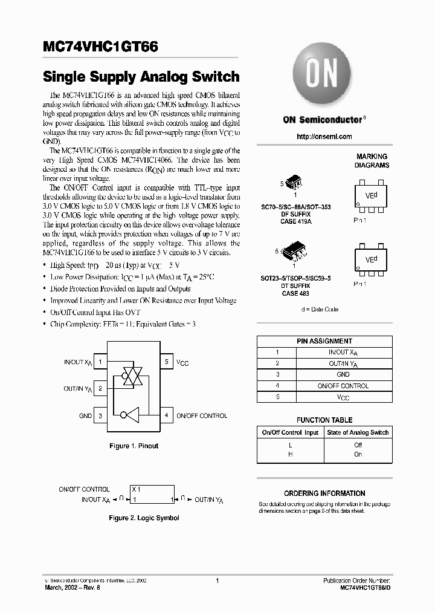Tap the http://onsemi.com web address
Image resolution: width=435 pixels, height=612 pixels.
tap(324, 137)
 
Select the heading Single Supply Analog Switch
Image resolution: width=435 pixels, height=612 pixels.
tap(141, 77)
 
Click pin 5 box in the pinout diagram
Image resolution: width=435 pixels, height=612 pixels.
tap(166, 362)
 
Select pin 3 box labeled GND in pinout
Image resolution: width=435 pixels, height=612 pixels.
tap(101, 415)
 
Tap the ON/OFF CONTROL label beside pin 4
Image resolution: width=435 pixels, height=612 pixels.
tap(202, 416)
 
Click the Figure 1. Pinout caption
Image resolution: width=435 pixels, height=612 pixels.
tap(134, 446)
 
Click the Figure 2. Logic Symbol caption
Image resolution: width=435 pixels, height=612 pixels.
tap(144, 518)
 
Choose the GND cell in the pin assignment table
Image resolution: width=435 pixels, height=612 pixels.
tap(343, 374)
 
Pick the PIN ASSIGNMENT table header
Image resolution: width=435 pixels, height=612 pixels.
tap(324, 341)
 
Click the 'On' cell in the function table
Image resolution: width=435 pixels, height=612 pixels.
tap(358, 454)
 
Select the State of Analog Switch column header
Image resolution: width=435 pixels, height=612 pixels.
tap(358, 432)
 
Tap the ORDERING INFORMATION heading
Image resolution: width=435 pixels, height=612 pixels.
tap(324, 493)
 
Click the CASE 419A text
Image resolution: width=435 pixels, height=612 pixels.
tap(296, 222)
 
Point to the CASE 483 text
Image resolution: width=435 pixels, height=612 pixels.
tap(296, 293)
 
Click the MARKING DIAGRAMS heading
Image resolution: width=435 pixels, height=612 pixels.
tap(372, 161)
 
